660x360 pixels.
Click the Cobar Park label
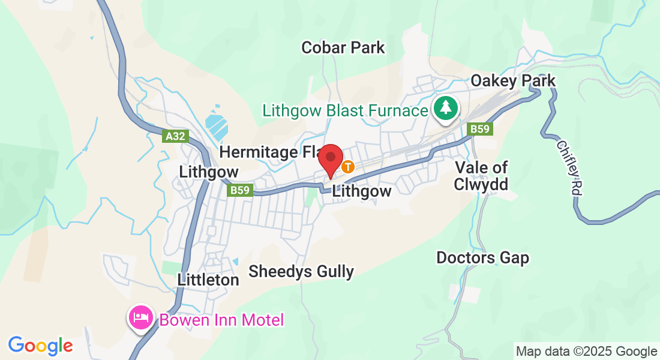(x=343, y=47)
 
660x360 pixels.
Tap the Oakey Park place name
(x=513, y=80)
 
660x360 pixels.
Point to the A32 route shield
(x=175, y=136)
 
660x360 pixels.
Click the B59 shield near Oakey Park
(x=481, y=129)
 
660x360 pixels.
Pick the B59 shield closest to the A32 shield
(x=241, y=190)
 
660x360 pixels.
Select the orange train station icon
(x=348, y=166)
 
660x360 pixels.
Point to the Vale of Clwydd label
(x=481, y=175)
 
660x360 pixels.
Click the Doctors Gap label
(x=482, y=258)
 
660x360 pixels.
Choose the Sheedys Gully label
(x=301, y=271)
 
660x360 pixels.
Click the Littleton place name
(x=208, y=280)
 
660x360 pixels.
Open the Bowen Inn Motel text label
(x=221, y=320)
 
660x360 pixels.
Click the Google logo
(x=40, y=346)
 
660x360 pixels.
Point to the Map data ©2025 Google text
(x=587, y=352)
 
